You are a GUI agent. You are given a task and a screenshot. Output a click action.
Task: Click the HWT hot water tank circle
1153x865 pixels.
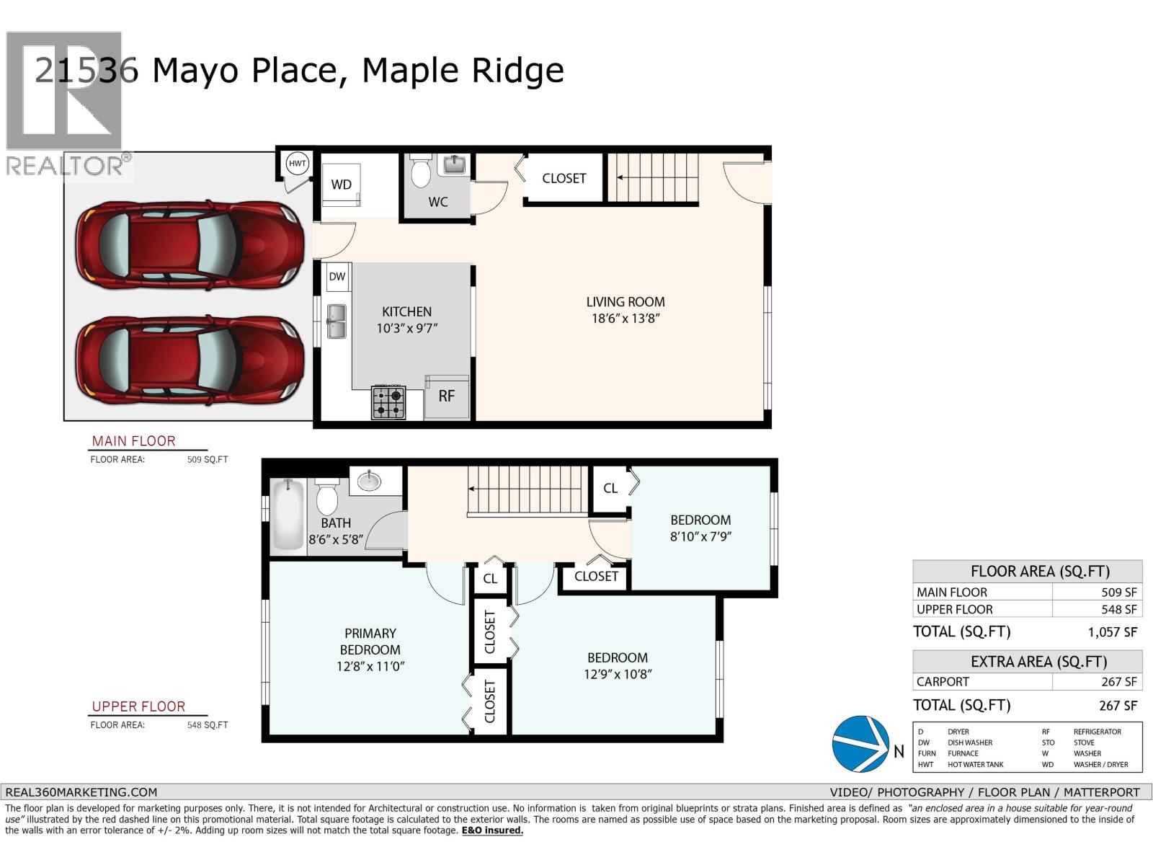coord(297,164)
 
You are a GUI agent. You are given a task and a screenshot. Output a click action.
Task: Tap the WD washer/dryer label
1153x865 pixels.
coord(341,185)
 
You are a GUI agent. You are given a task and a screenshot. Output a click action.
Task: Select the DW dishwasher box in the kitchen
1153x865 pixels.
coord(337,277)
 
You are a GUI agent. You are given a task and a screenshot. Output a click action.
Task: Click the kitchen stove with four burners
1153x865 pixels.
coord(388,403)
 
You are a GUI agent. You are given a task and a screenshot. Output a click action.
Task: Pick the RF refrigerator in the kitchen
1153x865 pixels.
coord(447,396)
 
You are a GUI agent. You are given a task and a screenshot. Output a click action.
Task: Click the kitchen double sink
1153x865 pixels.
coord(337,321)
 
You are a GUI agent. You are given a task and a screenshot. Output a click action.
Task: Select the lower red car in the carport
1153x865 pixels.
coord(190,360)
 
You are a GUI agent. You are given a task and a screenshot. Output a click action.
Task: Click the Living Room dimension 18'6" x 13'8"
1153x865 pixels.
coord(626,319)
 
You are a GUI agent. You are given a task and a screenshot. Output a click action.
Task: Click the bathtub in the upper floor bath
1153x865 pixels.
coord(288,515)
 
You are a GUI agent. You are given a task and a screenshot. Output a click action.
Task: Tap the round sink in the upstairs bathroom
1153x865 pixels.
coord(370,481)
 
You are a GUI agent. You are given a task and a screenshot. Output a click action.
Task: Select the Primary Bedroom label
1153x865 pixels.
coord(370,642)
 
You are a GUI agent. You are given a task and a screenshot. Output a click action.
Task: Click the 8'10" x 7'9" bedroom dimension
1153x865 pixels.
coord(700,536)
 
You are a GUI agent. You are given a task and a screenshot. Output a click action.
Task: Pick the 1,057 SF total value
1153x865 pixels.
coord(1112,632)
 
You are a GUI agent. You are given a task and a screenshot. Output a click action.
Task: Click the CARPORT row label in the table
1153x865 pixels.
coord(943,682)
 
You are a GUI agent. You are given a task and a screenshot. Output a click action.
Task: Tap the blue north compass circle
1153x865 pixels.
coord(860,744)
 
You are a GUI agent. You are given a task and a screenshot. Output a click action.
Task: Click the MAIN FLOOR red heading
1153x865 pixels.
coord(133,441)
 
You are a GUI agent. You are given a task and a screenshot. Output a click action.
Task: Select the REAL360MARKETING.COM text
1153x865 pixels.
coord(81,792)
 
